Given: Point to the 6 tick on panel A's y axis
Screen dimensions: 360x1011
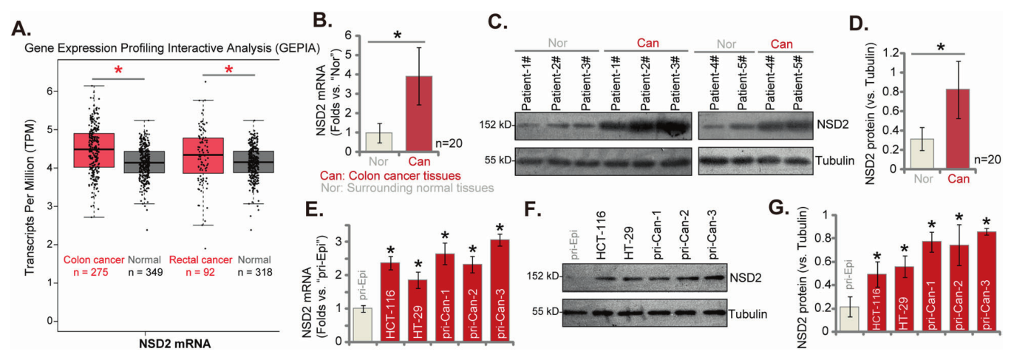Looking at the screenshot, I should pos(49,91).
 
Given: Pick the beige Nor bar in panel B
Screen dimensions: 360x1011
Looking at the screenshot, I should pos(379,141).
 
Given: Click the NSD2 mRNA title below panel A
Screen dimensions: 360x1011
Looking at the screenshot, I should pos(173,344).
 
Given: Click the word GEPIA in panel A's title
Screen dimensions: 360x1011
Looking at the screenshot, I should pos(297,47).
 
